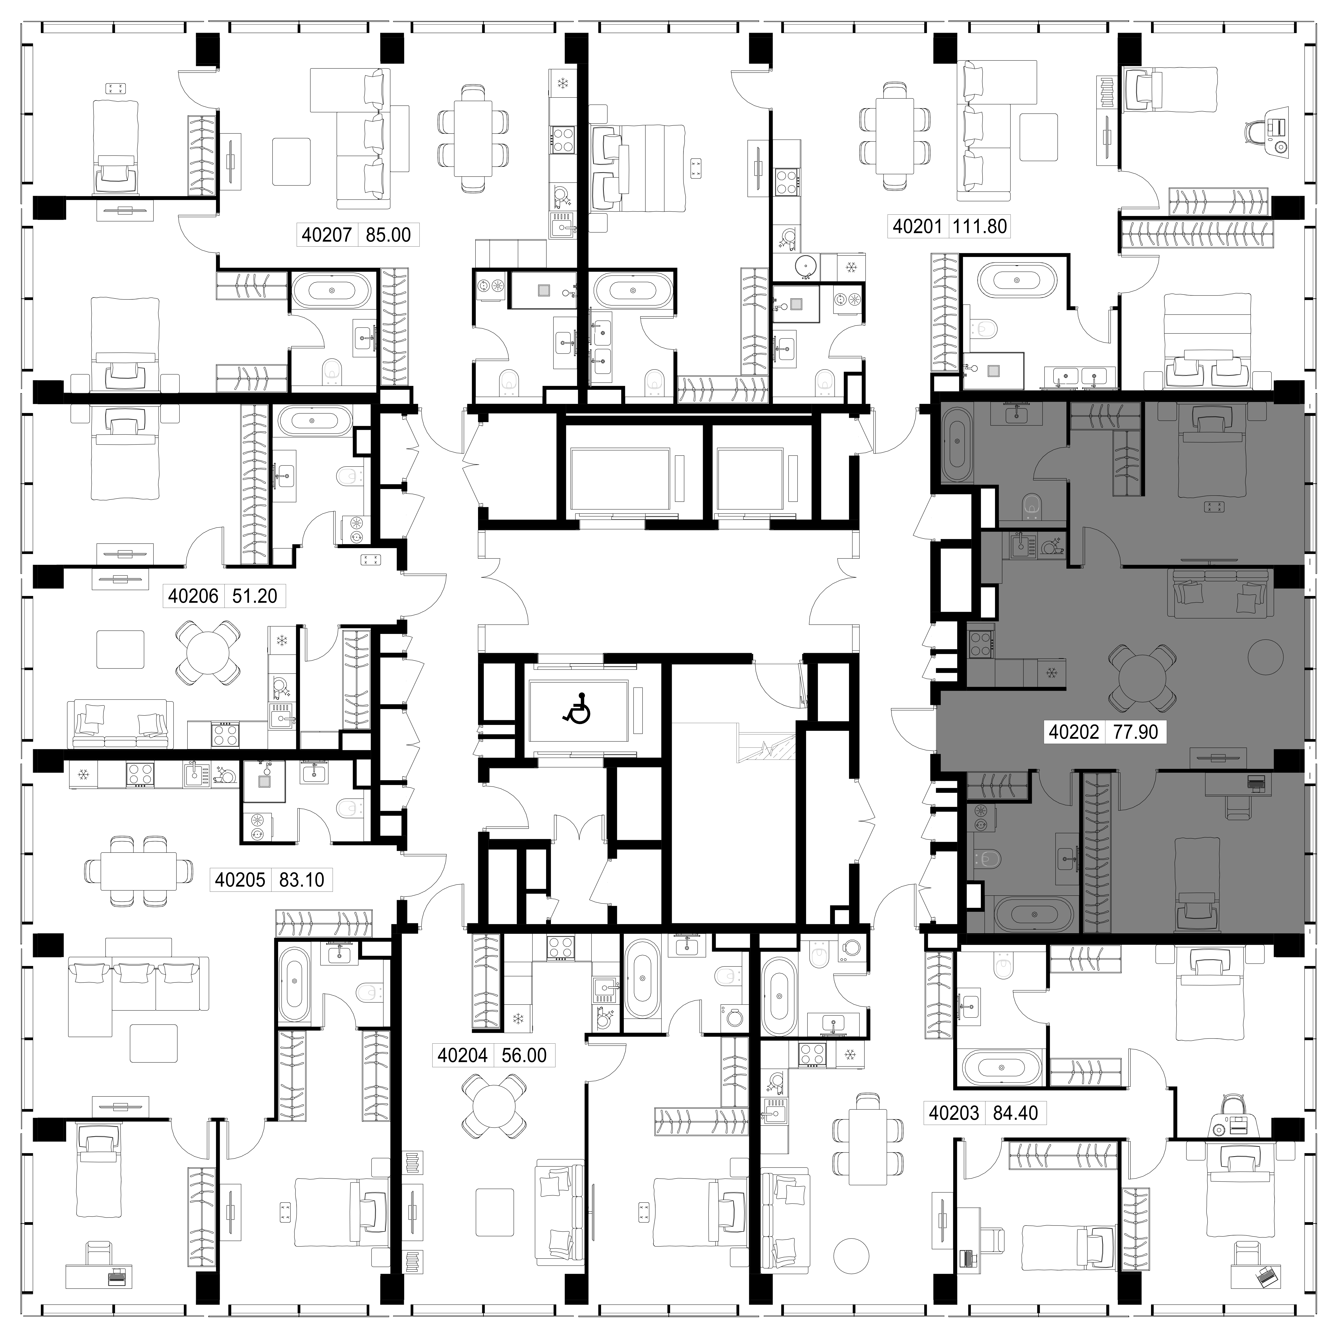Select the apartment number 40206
point(193,596)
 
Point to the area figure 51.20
point(254,596)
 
